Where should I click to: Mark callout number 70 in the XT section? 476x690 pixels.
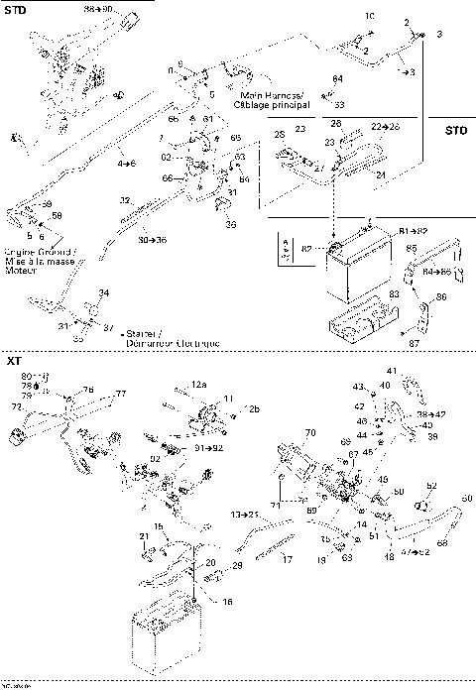(x=308, y=432)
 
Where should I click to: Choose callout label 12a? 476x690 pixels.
(x=199, y=383)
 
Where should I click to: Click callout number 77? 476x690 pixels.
(x=120, y=394)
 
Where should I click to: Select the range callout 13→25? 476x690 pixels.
(x=245, y=516)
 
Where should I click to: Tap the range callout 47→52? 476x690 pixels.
(x=414, y=550)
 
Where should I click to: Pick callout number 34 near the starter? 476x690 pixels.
(x=104, y=292)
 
